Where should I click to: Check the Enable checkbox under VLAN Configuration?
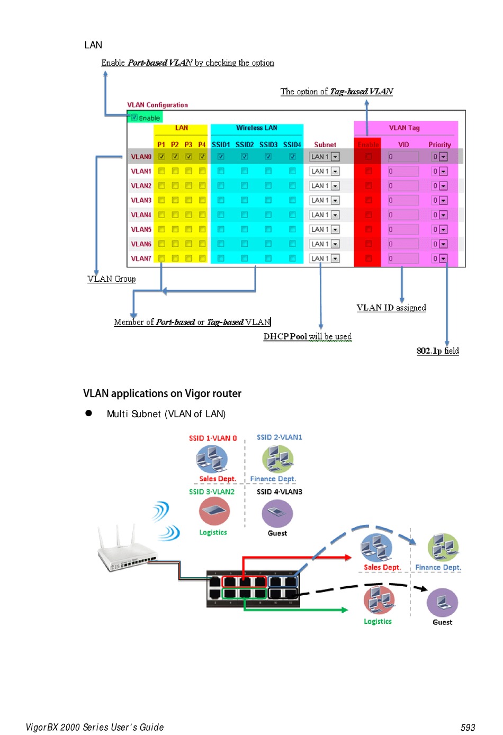134,118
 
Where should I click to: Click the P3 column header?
188,144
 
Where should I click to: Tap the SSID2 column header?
245,144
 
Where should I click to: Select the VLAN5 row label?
141,229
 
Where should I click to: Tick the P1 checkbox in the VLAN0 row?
161,157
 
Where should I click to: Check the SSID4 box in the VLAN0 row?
292,157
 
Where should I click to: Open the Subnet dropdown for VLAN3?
335,200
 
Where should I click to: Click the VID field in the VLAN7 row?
402,258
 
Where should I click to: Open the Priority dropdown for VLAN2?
443,186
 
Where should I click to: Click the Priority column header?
439,144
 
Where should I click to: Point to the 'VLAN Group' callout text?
112,279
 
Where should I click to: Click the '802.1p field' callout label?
437,351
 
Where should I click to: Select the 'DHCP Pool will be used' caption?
307,336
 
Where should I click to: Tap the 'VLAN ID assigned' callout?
391,308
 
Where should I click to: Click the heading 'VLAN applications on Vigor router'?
162,393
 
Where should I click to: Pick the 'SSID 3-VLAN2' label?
212,491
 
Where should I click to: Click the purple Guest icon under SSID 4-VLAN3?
277,513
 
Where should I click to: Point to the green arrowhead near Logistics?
345,610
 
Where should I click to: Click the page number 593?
468,728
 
